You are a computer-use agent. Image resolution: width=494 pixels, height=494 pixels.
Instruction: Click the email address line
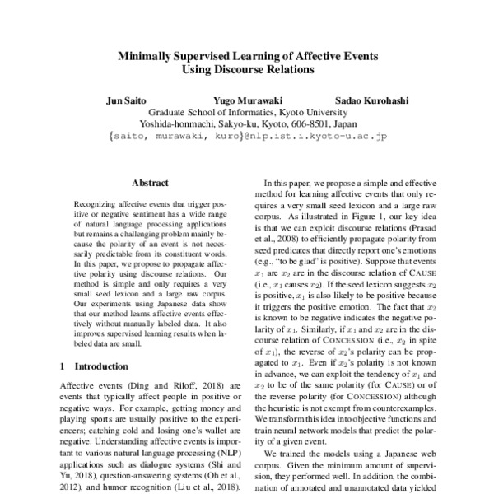[x=247, y=137]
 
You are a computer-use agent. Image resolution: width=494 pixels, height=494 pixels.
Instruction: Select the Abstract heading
[x=150, y=182]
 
